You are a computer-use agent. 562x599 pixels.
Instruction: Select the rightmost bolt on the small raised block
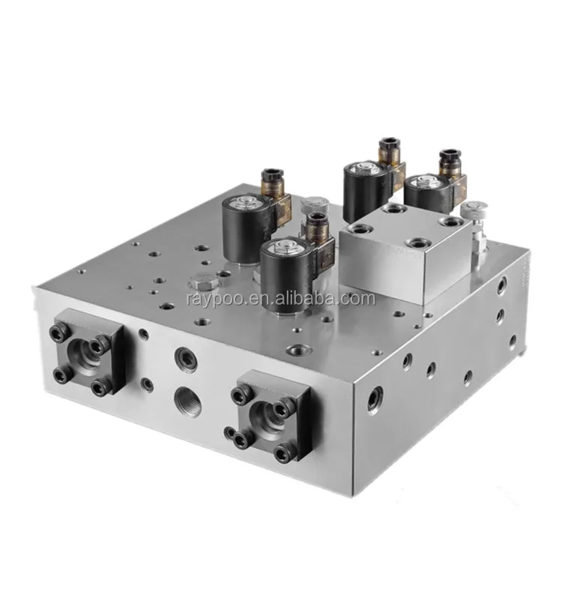(x=452, y=222)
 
